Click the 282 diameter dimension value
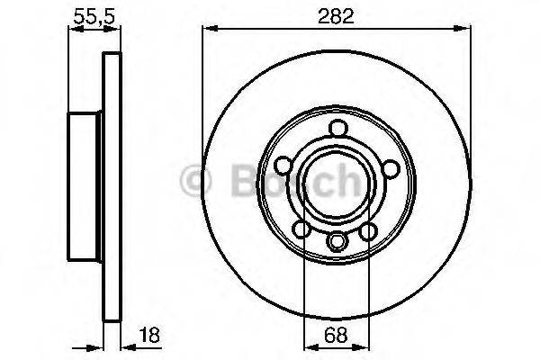coord(336,14)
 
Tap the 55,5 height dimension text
coord(87,14)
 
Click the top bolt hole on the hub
coord(337,128)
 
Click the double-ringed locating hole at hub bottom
coord(337,241)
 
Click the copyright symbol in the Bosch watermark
coord(194,181)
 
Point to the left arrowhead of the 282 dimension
coord(207,29)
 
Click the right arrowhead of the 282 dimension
coord(466,29)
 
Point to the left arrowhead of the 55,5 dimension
coord(75,29)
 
